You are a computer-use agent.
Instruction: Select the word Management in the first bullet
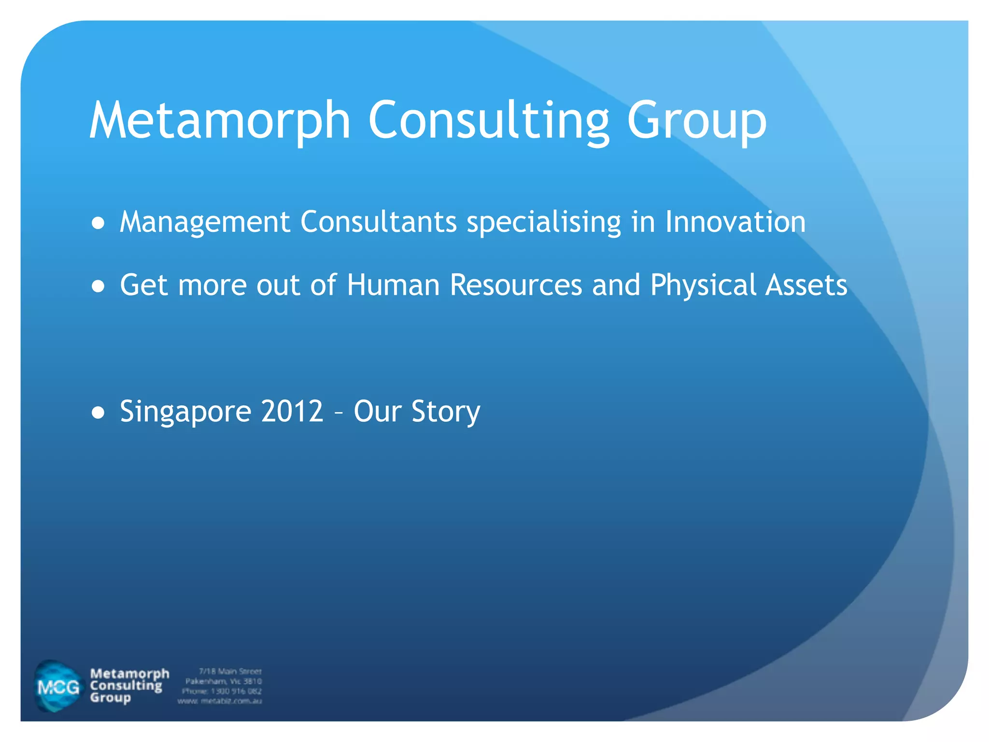tap(205, 222)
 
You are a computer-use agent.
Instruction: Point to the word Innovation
tap(735, 222)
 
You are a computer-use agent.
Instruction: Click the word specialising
tap(543, 222)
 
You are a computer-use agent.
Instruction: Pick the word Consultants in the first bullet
tap(378, 222)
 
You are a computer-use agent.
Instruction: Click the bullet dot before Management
tap(98, 224)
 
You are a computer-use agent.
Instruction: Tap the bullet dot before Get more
tap(98, 286)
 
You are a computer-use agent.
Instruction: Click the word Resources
tap(515, 285)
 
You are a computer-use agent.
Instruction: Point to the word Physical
tap(703, 285)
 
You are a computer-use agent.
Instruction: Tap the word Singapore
tap(185, 412)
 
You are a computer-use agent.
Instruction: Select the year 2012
tap(292, 412)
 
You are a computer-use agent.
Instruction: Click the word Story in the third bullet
tap(445, 412)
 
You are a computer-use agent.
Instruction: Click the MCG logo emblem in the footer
tap(58, 686)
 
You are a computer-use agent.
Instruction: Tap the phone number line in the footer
tap(222, 691)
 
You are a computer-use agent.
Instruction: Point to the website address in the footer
tap(220, 701)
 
